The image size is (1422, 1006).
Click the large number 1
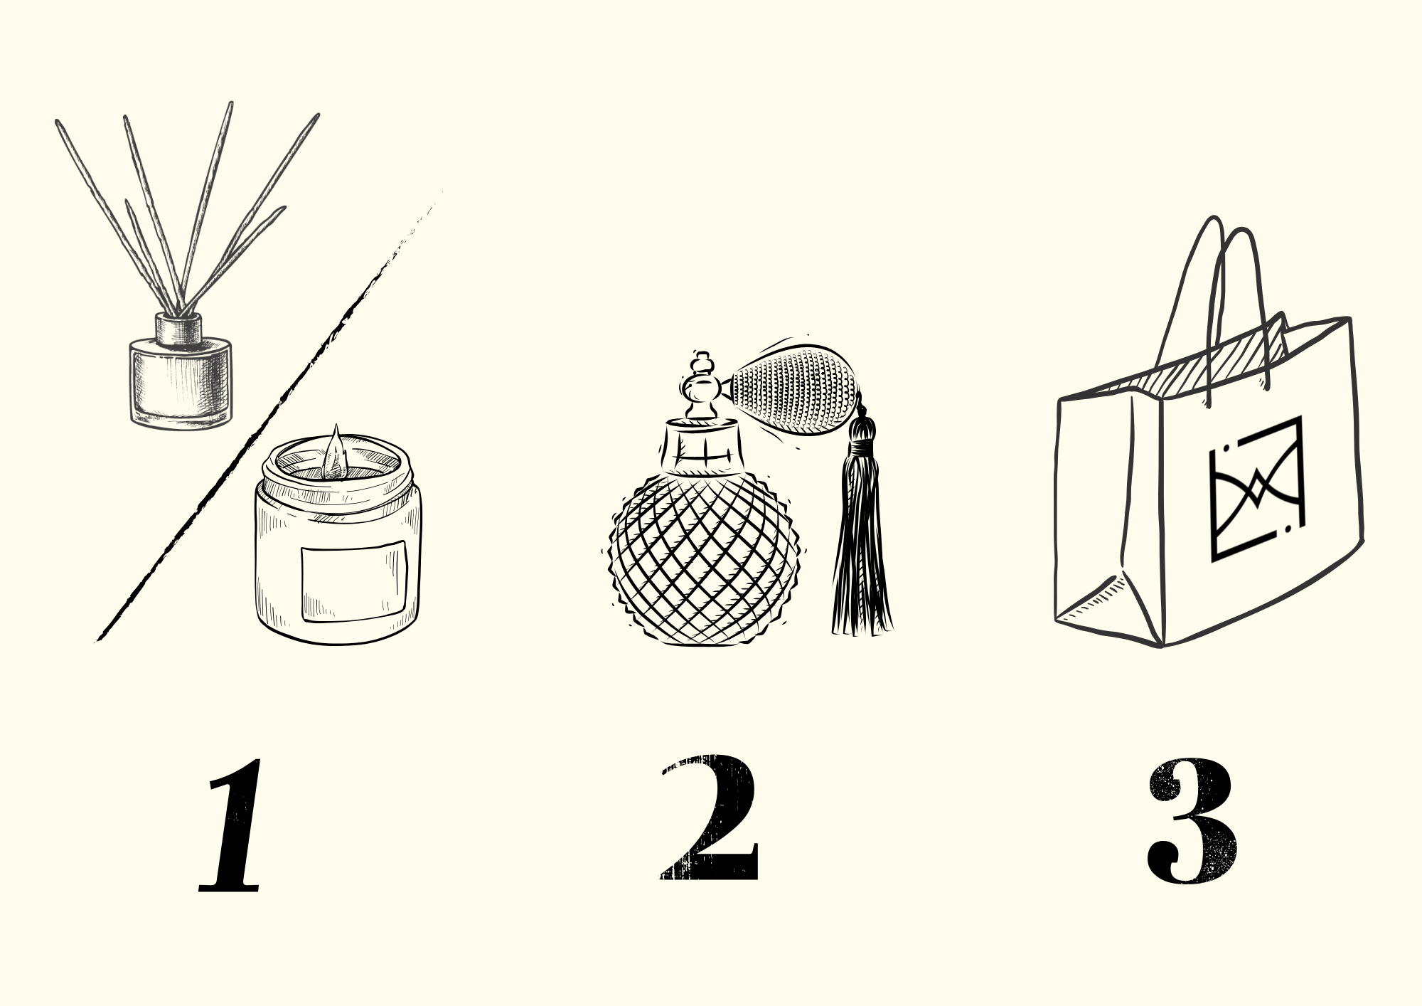point(231,827)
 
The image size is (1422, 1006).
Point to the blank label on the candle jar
point(353,581)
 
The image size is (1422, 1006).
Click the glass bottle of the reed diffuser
point(181,384)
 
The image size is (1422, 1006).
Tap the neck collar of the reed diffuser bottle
point(180,328)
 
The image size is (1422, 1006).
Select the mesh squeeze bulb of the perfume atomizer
point(795,391)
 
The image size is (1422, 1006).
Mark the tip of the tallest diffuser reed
point(230,104)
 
